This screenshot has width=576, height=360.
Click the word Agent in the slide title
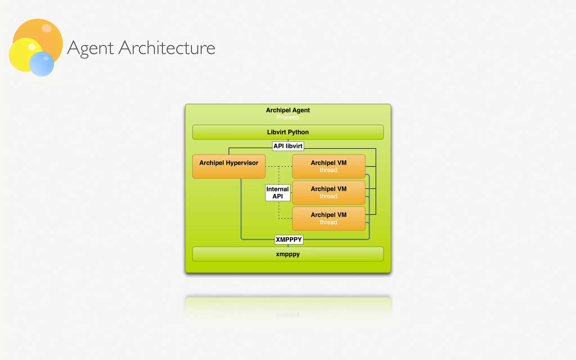click(x=90, y=48)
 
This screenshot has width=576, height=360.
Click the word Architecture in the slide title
click(x=167, y=48)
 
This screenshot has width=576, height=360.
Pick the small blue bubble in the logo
click(x=42, y=64)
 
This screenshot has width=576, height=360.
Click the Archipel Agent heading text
click(x=288, y=110)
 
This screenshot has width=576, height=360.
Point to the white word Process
click(x=288, y=118)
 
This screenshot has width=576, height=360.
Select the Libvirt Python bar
click(x=288, y=132)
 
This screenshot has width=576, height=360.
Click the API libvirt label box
click(x=288, y=146)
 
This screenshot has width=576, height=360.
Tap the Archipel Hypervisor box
click(x=229, y=166)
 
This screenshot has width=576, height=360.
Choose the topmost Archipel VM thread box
click(x=328, y=166)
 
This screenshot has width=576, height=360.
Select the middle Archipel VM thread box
click(x=328, y=192)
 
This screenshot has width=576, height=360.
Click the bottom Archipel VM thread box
click(x=328, y=219)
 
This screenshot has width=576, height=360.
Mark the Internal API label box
click(x=278, y=193)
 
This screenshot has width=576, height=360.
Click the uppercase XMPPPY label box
click(x=289, y=240)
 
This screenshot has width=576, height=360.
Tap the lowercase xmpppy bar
click(x=288, y=254)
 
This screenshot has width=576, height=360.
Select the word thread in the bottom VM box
click(x=328, y=222)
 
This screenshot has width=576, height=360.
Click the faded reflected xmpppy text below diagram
click(x=288, y=315)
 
